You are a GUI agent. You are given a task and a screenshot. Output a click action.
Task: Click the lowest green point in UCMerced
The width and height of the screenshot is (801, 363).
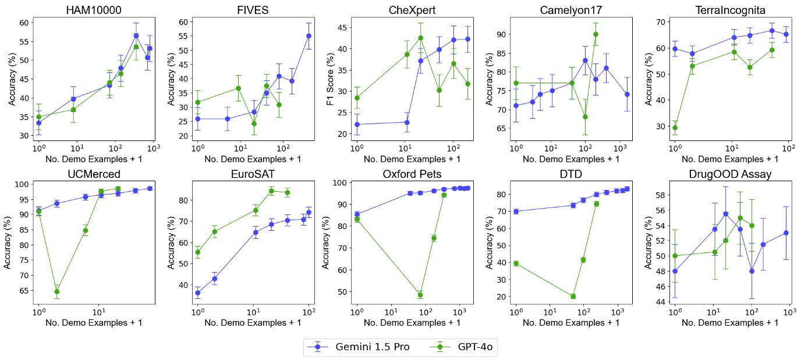tap(56, 291)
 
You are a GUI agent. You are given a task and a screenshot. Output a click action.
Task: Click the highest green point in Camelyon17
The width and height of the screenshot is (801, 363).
tap(596, 34)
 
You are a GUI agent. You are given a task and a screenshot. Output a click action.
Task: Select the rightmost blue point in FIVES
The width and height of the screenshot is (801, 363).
tap(309, 36)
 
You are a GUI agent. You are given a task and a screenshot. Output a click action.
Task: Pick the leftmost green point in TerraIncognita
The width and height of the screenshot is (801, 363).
tap(675, 128)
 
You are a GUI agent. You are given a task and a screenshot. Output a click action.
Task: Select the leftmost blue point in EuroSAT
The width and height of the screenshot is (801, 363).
tap(197, 293)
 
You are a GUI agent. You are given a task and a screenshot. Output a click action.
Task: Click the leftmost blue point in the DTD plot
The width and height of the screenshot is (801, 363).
tap(516, 212)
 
